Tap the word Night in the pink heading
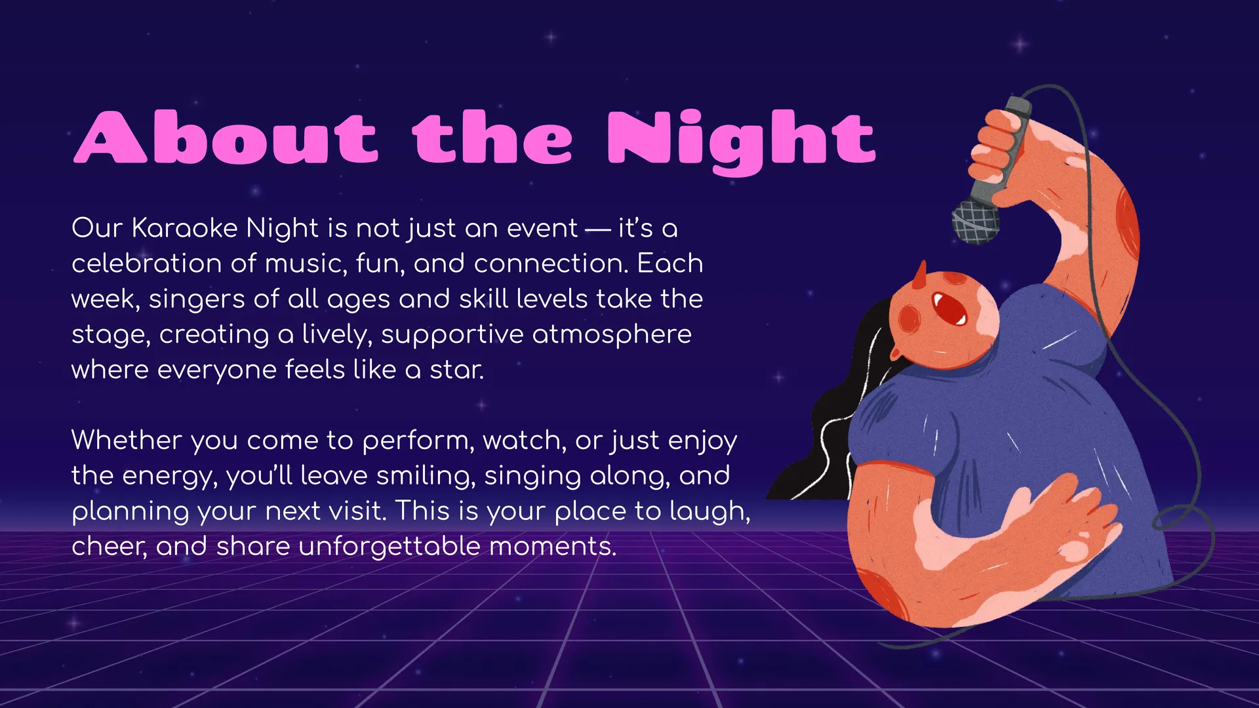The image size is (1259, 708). click(x=742, y=142)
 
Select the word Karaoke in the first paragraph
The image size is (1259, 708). click(x=185, y=227)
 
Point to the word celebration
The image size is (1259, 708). click(x=147, y=263)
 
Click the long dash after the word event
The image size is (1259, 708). click(x=597, y=229)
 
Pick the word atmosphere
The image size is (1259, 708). click(x=612, y=335)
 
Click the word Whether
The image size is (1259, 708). click(x=127, y=440)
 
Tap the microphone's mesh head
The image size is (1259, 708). click(x=976, y=222)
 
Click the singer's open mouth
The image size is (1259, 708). click(x=949, y=309)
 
